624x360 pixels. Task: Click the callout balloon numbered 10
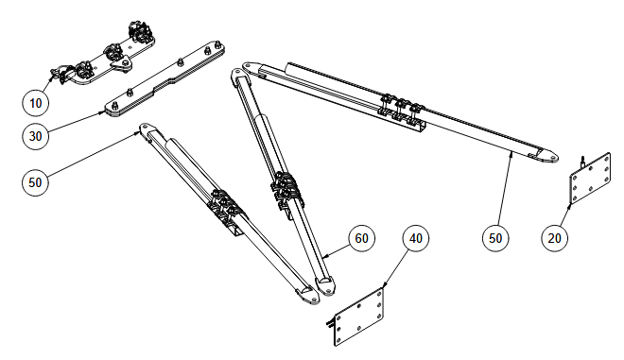tap(35, 103)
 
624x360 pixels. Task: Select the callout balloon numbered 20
tap(554, 238)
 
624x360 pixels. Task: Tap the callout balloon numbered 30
tap(35, 136)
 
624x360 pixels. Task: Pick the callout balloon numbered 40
tap(416, 238)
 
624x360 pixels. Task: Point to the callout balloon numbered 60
tap(361, 238)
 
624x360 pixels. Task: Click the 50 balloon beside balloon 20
tap(495, 238)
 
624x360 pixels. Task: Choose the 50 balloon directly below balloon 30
tap(35, 182)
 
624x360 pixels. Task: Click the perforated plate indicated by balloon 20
tap(591, 179)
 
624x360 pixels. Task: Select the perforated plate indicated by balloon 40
tap(359, 317)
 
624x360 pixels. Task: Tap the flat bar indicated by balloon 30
tap(165, 79)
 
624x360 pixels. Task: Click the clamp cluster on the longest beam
tap(401, 109)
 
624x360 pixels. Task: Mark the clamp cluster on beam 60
tap(287, 190)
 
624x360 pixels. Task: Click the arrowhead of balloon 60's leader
tap(325, 257)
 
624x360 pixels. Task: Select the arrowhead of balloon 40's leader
tap(385, 284)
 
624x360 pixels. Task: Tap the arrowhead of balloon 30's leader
tap(102, 113)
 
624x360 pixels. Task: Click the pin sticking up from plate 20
tap(582, 162)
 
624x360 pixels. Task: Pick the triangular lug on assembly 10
tap(122, 64)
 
